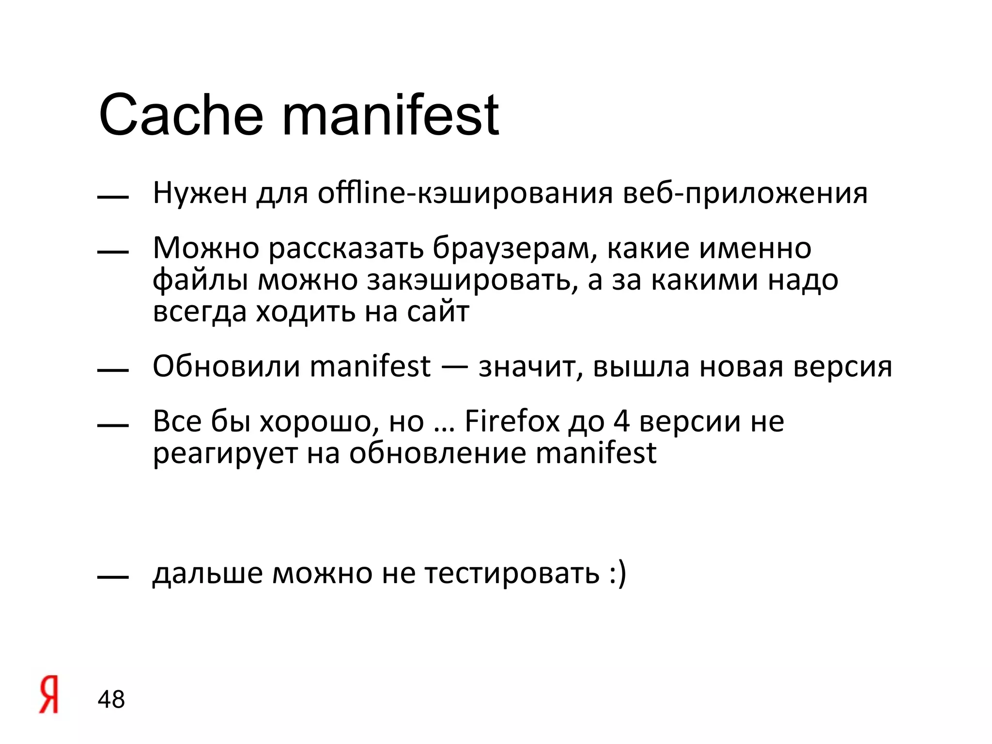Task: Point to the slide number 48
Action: (111, 699)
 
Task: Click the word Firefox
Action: (512, 421)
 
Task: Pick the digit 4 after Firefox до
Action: (621, 421)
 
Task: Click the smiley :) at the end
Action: (619, 573)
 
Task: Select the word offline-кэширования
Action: (465, 193)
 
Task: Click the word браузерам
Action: (511, 248)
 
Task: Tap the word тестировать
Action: (512, 573)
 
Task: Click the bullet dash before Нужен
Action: (113, 197)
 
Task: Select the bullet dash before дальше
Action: (113, 577)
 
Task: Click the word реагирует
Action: (225, 454)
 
